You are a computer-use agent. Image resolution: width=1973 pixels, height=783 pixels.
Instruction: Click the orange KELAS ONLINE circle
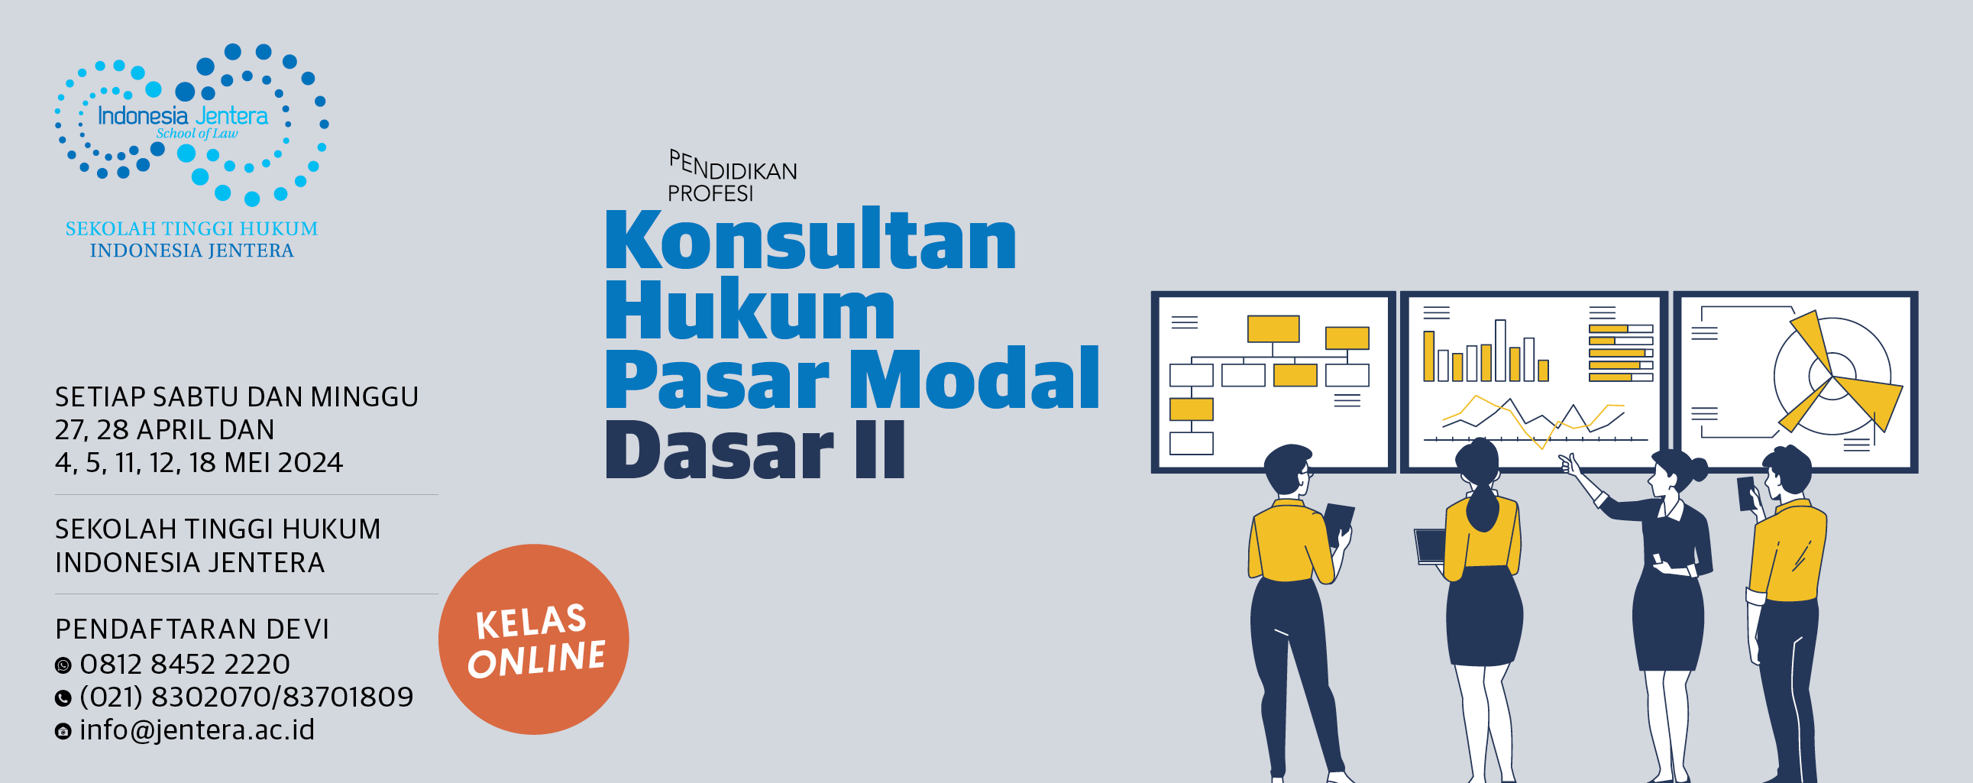[534, 639]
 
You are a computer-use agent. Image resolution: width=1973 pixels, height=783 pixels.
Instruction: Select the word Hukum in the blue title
[750, 309]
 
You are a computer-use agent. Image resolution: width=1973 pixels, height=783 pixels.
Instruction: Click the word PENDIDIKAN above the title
[733, 166]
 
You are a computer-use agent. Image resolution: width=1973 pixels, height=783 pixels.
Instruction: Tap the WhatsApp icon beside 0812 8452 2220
[63, 665]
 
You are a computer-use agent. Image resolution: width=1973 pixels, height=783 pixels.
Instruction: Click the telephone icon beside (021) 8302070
[63, 698]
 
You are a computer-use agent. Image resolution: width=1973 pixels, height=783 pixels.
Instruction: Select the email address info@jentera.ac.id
[197, 730]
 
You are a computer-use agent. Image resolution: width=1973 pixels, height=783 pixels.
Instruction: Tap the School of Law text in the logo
[197, 134]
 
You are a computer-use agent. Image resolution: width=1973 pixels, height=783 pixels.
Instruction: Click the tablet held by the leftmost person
[1338, 523]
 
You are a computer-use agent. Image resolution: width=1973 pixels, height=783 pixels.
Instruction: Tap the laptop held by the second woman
[1429, 546]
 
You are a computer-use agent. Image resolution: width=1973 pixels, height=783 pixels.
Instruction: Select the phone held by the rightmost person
[1746, 493]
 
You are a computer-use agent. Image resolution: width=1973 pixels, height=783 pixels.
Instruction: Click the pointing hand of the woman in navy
[1570, 464]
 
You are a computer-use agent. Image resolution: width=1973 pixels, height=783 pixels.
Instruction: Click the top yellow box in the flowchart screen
[1273, 328]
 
